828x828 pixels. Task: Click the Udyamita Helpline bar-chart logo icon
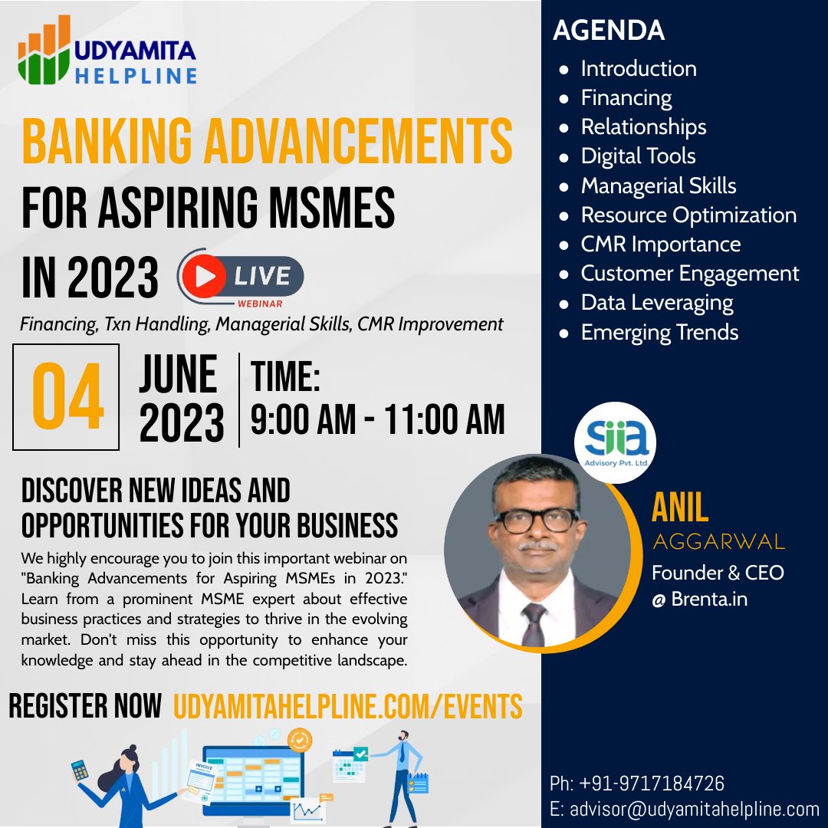44,50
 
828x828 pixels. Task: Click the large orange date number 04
67,396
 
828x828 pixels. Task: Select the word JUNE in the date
178,374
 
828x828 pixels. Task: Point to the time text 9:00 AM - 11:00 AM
377,420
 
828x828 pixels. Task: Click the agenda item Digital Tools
638,156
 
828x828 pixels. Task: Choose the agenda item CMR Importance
661,244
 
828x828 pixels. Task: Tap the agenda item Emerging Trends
659,332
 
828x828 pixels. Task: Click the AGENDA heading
608,30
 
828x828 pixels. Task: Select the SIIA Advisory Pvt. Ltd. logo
615,442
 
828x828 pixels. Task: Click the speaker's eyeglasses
537,520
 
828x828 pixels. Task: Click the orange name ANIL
679,508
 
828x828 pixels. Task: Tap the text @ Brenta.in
700,600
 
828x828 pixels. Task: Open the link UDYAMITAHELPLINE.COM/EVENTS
347,707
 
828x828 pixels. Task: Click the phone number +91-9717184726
652,783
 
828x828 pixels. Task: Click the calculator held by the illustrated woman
80,770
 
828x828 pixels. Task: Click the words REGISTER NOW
85,706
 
